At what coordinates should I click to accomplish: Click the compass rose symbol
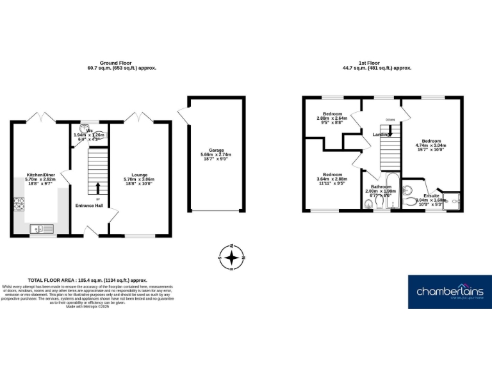[x=233, y=258]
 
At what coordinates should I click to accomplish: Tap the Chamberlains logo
[x=450, y=291]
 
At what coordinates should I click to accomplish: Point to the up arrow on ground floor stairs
[x=97, y=188]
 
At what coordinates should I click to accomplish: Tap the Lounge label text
[x=139, y=174]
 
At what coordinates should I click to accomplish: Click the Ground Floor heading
[x=121, y=63]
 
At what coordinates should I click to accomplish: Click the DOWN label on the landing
[x=389, y=120]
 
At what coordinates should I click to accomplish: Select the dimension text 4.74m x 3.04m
[x=430, y=145]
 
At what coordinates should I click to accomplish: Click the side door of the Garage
[x=183, y=117]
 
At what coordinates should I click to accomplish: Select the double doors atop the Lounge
[x=139, y=118]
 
